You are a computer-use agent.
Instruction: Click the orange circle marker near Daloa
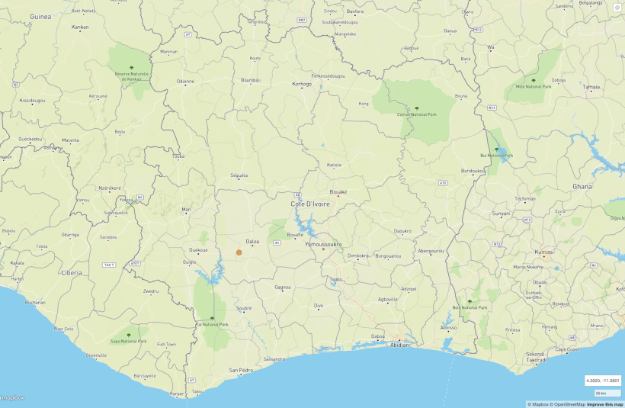point(239,252)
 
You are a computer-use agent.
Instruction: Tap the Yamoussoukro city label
point(323,245)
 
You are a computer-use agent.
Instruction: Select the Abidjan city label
point(400,345)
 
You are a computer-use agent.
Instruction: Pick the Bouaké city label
point(338,192)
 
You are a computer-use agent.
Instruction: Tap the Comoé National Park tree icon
point(416,108)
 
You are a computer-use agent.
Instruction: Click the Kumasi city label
point(544,252)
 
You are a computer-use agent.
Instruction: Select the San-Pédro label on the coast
point(241,370)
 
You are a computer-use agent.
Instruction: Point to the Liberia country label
point(72,271)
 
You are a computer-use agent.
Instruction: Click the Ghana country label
point(582,186)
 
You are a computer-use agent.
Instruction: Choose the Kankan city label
point(80,27)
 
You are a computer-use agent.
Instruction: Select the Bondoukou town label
point(473,171)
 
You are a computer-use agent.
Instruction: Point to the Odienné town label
point(186,81)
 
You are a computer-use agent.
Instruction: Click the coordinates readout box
point(602,380)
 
